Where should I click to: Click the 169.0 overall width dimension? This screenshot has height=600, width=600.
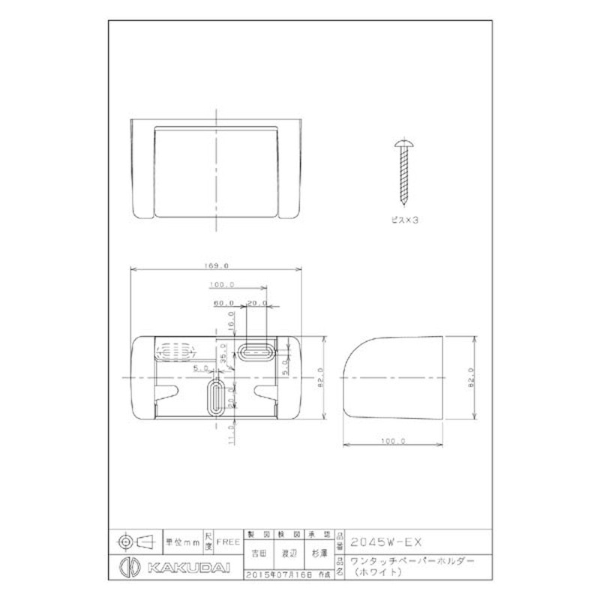click(216, 265)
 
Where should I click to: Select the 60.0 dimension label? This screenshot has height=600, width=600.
click(223, 303)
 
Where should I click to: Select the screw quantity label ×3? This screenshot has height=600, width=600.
click(404, 223)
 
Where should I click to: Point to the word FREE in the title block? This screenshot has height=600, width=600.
click(228, 540)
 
